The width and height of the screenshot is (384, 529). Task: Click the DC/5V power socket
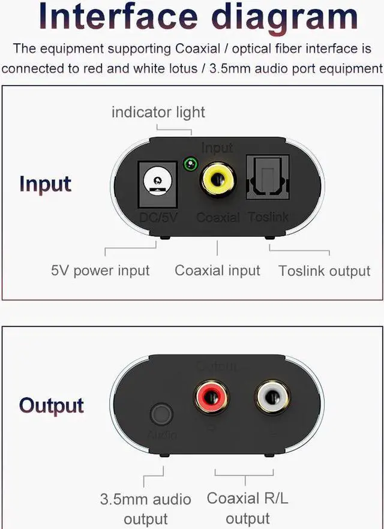coord(157,179)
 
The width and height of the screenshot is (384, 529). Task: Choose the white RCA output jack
coord(271,398)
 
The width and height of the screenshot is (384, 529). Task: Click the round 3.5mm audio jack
coord(161,414)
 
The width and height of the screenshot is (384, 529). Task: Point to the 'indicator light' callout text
coord(158,112)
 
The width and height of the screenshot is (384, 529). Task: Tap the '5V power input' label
coord(100,270)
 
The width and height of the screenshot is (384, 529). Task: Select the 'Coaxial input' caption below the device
coord(217,270)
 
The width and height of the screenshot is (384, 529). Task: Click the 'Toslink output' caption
coord(325,271)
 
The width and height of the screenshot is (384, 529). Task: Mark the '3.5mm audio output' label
coord(145,509)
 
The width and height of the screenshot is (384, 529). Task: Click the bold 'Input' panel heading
coord(45,184)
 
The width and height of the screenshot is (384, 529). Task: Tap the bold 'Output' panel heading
coord(52,405)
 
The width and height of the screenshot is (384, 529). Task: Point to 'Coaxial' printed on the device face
coord(218,217)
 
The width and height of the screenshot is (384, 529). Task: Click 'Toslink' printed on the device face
coord(268,217)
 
